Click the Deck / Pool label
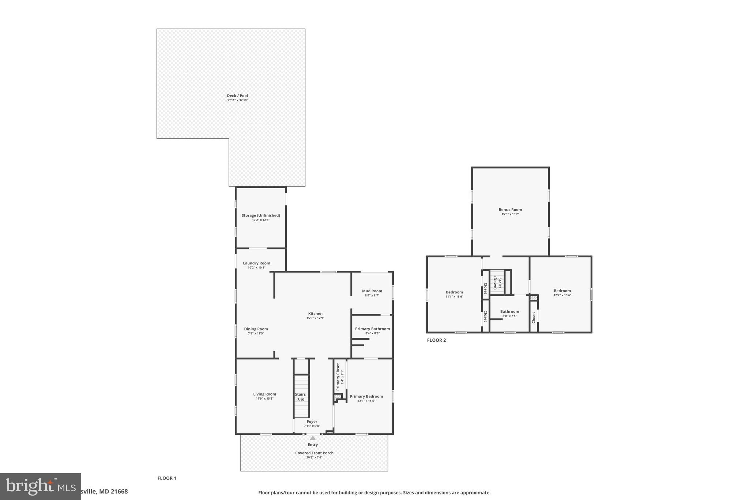[237, 96]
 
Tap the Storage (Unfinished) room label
[260, 215]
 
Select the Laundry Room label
[256, 263]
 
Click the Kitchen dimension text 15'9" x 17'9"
[315, 318]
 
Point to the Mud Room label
[372, 291]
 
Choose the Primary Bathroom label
[372, 329]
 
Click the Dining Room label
[256, 329]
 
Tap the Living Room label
[264, 394]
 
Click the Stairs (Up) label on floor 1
[300, 397]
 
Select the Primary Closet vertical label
[338, 377]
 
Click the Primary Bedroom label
[366, 396]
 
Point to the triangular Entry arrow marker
[313, 438]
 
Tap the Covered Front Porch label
[314, 453]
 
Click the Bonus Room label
[510, 210]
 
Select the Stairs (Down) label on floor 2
[497, 283]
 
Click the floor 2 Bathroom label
[509, 311]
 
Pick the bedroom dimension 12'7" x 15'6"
[562, 295]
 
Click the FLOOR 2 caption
[436, 340]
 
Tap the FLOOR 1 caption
[167, 478]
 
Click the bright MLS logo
[40, 486]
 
